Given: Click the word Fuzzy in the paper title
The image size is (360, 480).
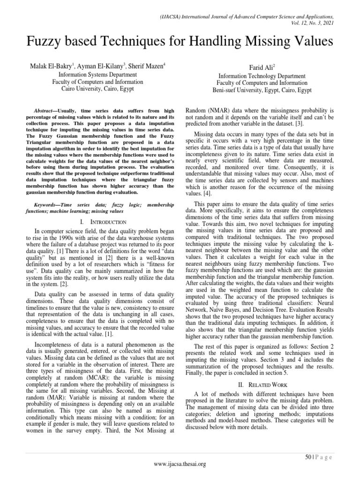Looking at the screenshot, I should pos(43,42).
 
